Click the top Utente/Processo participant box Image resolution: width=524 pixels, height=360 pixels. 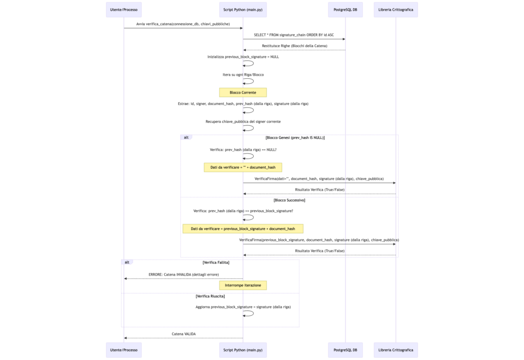pos(124,10)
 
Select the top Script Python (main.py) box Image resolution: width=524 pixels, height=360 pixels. pos(243,10)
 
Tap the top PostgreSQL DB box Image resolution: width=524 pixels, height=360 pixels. pos(345,10)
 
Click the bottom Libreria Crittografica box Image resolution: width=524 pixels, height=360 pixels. pos(396,350)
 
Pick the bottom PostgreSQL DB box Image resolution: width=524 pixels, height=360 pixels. pos(345,350)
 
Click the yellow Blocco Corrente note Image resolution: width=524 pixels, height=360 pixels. pos(243,93)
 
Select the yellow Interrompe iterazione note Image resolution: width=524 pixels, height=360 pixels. pos(243,285)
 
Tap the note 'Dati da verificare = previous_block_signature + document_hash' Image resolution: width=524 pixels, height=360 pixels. pos(243,229)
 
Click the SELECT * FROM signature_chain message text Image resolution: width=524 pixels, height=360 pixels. pos(294,35)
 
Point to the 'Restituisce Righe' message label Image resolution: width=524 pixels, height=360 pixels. pos(294,46)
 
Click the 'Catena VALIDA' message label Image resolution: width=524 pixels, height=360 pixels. pos(184,334)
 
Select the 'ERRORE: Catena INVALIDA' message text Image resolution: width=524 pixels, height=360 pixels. pos(184,275)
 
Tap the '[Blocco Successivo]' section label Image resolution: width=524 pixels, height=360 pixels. pos(290,200)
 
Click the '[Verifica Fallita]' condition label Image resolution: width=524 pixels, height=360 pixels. pos(216,262)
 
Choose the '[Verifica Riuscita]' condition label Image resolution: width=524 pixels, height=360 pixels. pos(210,296)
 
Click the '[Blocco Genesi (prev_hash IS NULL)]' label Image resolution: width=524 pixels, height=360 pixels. pos(295,138)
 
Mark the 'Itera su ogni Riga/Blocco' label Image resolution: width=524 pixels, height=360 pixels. pos(243,75)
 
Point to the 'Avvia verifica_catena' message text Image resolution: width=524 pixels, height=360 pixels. pos(183,24)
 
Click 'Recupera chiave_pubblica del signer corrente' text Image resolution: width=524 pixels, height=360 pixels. pos(243,122)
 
